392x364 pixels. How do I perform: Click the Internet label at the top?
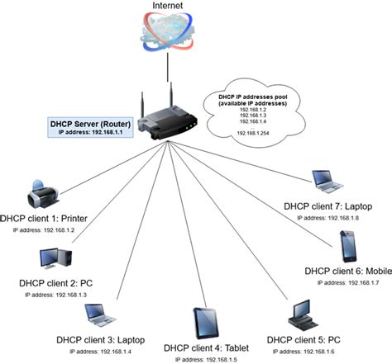coord(168,6)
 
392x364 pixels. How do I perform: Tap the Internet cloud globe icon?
coord(168,31)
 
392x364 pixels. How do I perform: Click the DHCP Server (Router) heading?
coord(90,124)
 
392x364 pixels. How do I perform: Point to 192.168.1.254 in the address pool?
coord(253,133)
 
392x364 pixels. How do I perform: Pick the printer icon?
coord(43,194)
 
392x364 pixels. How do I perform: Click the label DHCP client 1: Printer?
coord(44,219)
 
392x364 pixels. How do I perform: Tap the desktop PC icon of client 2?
coord(56,258)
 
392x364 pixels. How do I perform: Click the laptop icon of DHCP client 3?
coord(100,315)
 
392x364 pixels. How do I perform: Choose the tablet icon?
coord(206,324)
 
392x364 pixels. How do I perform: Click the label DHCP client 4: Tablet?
coord(206,348)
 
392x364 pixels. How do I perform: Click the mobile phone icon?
coord(348,247)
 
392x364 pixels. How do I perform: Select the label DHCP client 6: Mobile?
coord(348,272)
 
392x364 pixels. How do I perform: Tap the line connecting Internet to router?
coord(168,68)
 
